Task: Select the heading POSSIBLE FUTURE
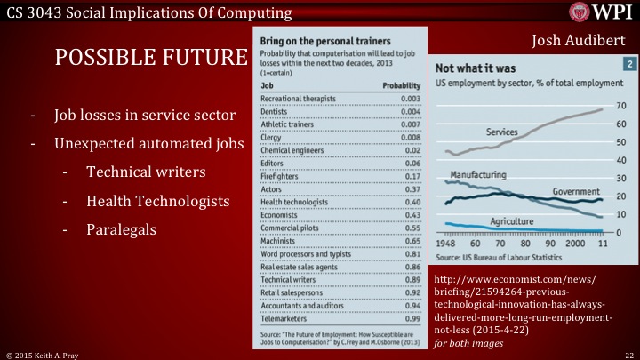click(150, 58)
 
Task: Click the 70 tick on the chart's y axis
click(621, 106)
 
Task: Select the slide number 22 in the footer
click(628, 354)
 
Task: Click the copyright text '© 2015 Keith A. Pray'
click(44, 354)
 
